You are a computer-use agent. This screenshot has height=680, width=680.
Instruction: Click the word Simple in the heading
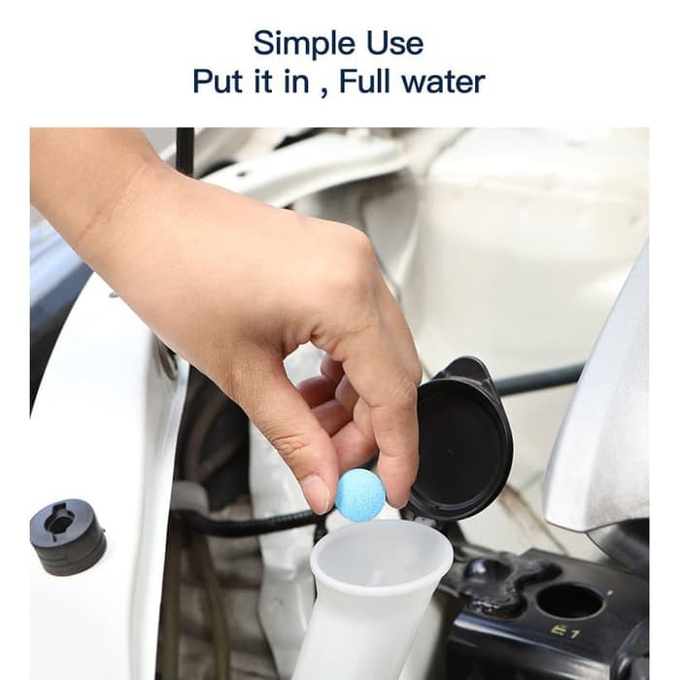click(x=304, y=45)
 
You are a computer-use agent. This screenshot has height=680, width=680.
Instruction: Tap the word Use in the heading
click(x=395, y=44)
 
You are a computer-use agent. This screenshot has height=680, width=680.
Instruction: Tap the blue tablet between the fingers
click(x=360, y=493)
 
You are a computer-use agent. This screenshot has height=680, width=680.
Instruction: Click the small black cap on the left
click(x=67, y=536)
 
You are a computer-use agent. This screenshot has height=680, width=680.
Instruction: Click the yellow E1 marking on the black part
click(x=567, y=631)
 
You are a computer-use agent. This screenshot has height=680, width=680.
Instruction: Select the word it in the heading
click(x=263, y=81)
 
